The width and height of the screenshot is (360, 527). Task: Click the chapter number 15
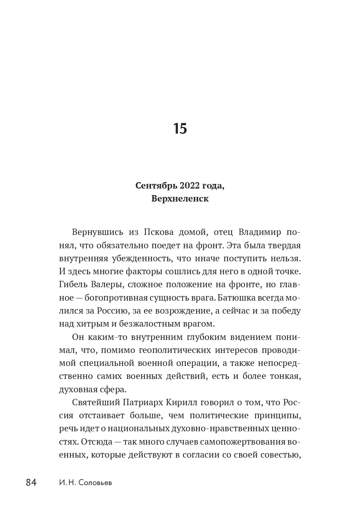pyautogui.click(x=180, y=129)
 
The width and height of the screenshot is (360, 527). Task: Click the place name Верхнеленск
pyautogui.click(x=180, y=199)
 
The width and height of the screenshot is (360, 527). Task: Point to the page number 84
pyautogui.click(x=31, y=483)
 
